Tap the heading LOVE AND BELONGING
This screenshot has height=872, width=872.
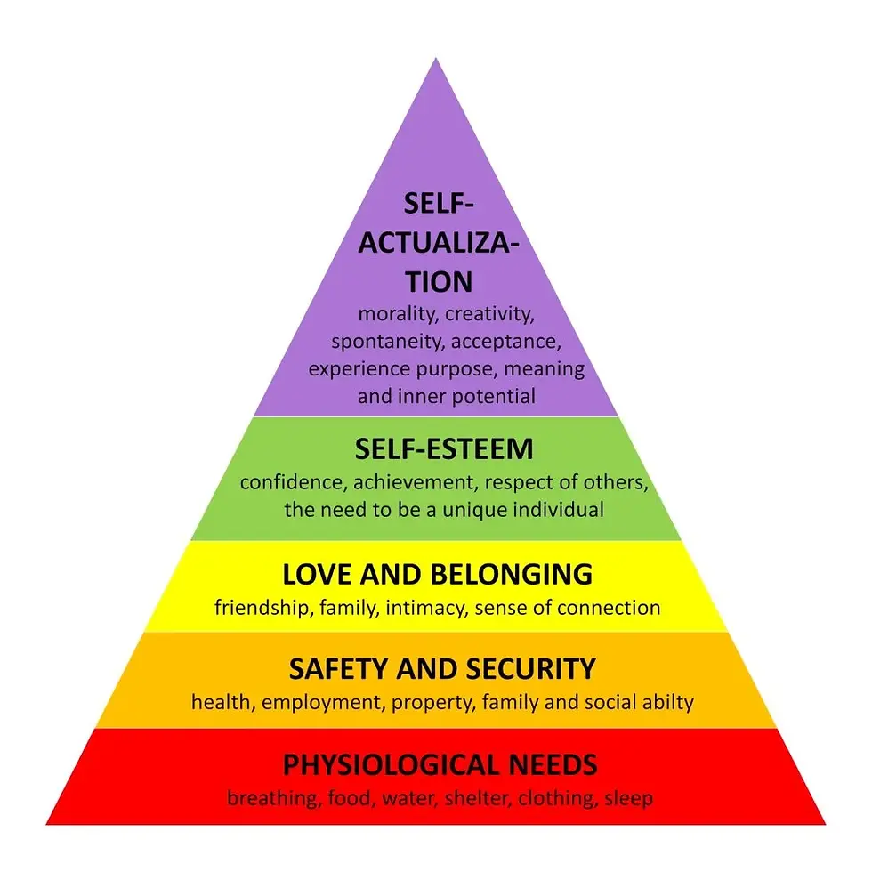pos(437,574)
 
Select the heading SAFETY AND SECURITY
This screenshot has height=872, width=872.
pos(441,667)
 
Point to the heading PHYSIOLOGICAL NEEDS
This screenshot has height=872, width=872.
pos(440,763)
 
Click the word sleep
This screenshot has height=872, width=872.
pos(628,798)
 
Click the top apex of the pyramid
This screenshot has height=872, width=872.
pos(436,61)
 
